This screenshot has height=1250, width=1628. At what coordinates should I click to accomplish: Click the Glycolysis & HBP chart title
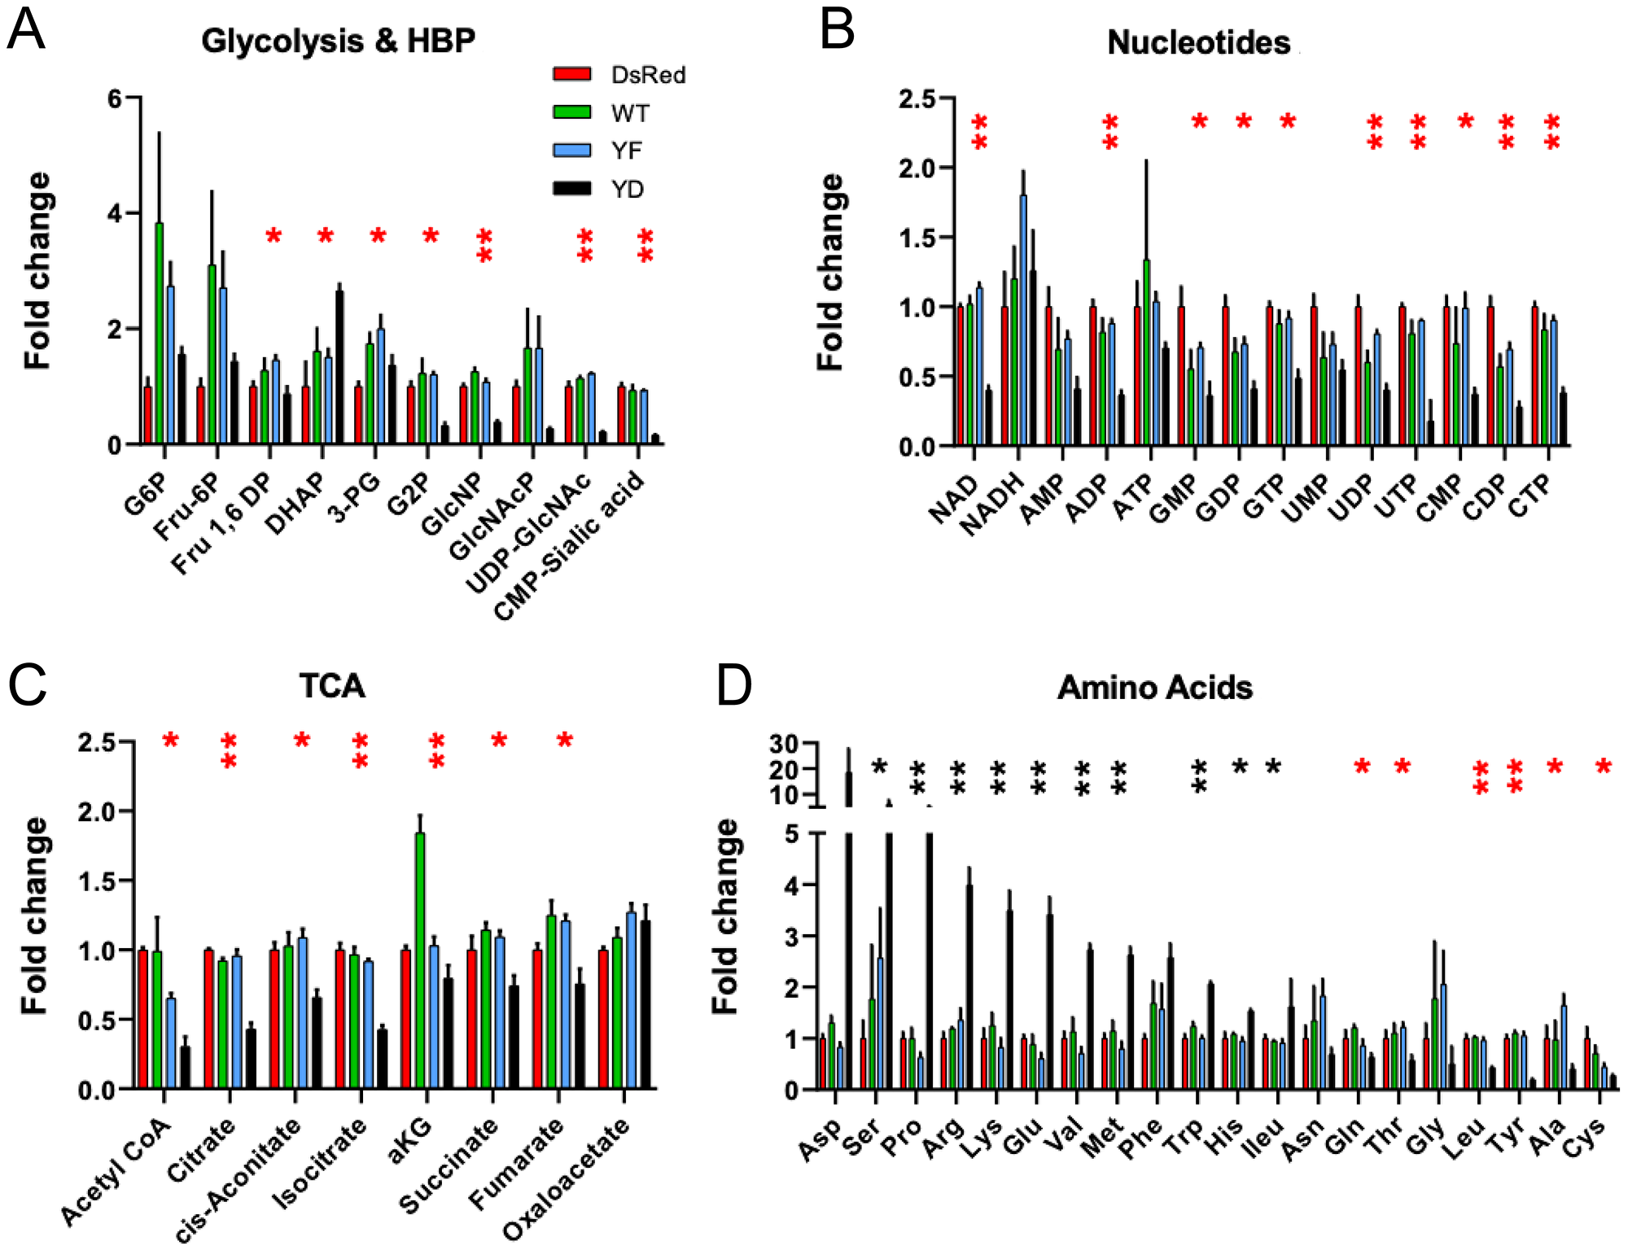point(338,41)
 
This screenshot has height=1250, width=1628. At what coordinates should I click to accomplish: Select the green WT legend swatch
point(571,112)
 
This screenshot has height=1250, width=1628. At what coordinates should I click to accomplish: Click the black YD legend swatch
point(571,188)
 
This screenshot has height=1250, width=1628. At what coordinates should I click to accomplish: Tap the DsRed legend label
point(648,75)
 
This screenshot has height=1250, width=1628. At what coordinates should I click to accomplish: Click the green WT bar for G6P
point(160,334)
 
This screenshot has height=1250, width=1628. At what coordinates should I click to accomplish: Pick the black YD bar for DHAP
point(339,367)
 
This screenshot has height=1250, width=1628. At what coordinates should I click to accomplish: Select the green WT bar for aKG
point(420,960)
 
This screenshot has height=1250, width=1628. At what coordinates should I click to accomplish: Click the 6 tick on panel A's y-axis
point(114,99)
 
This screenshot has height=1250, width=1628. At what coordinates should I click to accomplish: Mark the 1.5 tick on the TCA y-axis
point(96,881)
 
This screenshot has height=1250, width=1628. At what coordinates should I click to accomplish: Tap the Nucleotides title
point(1198,42)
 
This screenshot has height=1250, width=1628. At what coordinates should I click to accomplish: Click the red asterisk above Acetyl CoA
point(170,741)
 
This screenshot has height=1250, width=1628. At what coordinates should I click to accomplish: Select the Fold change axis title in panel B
point(829,273)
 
